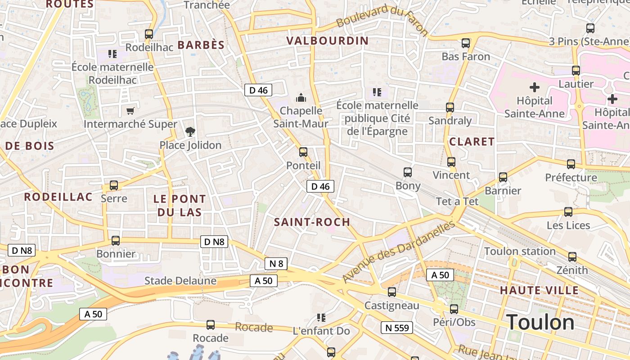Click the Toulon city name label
pos(540,323)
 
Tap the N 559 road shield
pos(397,328)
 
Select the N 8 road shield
pos(276,264)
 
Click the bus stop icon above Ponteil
pos(303,152)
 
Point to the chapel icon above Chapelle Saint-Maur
pos(301,97)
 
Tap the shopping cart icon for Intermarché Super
pos(130,111)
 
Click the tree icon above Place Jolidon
pos(190,132)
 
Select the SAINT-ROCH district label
pos(312,222)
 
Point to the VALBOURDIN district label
pos(327,40)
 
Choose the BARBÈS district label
pos(201,45)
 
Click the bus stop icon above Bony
pos(408,172)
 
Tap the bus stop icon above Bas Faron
pos(466,43)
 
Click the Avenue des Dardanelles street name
pos(399,252)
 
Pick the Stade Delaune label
pos(180,281)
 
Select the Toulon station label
pos(520,251)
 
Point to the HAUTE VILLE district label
pos(539,290)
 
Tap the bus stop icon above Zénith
pos(572,257)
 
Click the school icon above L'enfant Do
pos(321,318)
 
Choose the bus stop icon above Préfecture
pos(571,164)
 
